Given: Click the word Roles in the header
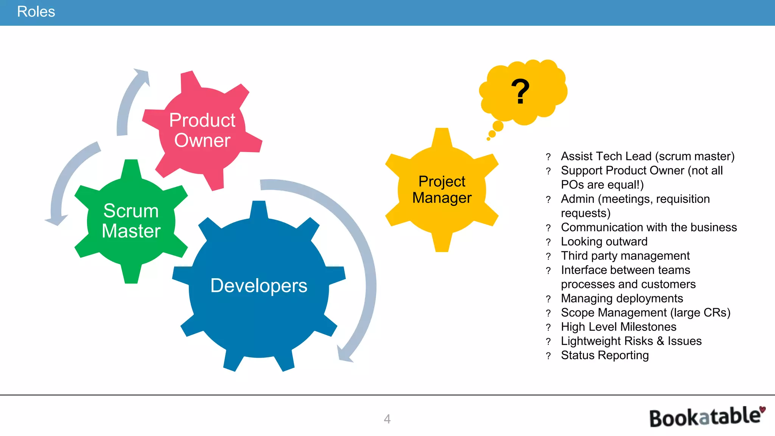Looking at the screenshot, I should pyautogui.click(x=36, y=12).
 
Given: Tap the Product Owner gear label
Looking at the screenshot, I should pyautogui.click(x=202, y=130).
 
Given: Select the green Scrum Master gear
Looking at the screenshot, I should pyautogui.click(x=131, y=221).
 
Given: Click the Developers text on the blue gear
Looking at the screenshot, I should pyautogui.click(x=258, y=285).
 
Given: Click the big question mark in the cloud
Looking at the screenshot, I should pyautogui.click(x=520, y=92).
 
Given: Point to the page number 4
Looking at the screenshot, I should pyautogui.click(x=387, y=419).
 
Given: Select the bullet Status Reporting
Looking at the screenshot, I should pyautogui.click(x=604, y=355).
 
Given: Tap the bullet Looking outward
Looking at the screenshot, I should pyautogui.click(x=604, y=241).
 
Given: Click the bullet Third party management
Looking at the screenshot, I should pyautogui.click(x=625, y=256).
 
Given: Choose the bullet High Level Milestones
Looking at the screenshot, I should pyautogui.click(x=618, y=327).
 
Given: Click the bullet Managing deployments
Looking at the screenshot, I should pyautogui.click(x=622, y=298).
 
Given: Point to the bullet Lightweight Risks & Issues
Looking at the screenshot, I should pyautogui.click(x=631, y=341).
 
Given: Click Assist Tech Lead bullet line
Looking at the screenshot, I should pyautogui.click(x=647, y=156).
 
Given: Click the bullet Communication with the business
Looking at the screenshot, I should pyautogui.click(x=649, y=227).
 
